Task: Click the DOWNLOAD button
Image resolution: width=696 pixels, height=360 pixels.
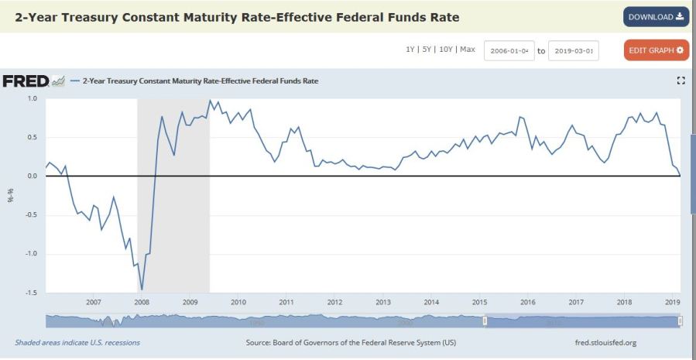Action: [656, 17]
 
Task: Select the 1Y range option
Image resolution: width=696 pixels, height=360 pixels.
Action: [410, 50]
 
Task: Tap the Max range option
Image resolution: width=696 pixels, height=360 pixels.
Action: [467, 50]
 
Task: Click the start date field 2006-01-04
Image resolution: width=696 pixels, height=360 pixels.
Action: [509, 51]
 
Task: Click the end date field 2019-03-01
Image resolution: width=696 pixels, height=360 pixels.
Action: [573, 51]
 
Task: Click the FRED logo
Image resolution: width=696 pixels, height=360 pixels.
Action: [26, 81]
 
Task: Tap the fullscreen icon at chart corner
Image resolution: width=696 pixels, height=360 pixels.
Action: [681, 81]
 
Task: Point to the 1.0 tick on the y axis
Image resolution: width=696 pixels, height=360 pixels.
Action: [33, 99]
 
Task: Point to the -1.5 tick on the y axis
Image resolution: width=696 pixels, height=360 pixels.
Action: [31, 293]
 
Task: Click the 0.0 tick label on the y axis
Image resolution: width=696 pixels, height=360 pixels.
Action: [33, 177]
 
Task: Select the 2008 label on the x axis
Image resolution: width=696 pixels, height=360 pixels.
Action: [142, 303]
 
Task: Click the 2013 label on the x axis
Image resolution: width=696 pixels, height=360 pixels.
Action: [383, 303]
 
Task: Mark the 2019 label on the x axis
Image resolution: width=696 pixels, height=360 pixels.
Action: [672, 303]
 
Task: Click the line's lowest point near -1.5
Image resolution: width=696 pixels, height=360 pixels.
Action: [142, 290]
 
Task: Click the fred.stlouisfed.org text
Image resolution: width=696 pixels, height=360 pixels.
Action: [602, 341]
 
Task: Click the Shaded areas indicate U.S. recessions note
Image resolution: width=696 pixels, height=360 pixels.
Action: [77, 341]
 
